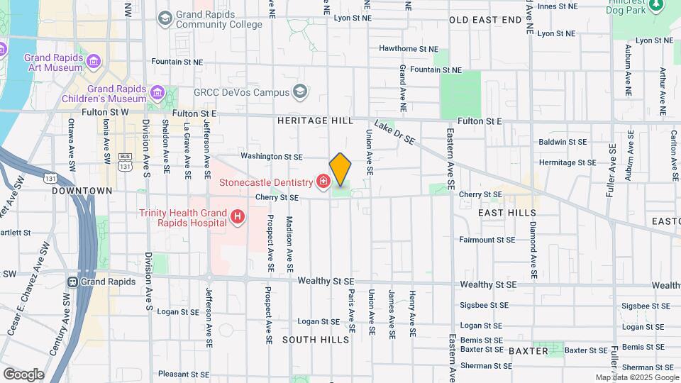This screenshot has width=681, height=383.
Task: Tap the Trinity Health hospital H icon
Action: click(x=238, y=216)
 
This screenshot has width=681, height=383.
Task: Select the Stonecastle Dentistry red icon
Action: click(x=323, y=182)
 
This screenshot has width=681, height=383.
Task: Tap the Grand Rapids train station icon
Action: click(x=72, y=281)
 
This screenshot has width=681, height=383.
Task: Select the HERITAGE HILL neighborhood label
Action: click(x=316, y=121)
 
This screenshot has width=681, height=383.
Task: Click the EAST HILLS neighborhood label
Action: click(x=506, y=213)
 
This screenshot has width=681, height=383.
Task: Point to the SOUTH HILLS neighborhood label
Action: click(x=316, y=340)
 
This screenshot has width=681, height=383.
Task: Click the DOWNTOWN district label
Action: click(x=82, y=191)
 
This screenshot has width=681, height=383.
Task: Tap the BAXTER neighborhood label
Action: click(x=528, y=350)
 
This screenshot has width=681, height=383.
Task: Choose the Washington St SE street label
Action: click(x=271, y=156)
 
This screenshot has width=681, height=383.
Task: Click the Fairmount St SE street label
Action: click(x=487, y=240)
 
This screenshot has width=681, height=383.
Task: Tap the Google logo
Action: click(x=23, y=374)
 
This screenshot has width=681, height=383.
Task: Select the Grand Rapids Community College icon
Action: click(x=165, y=18)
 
